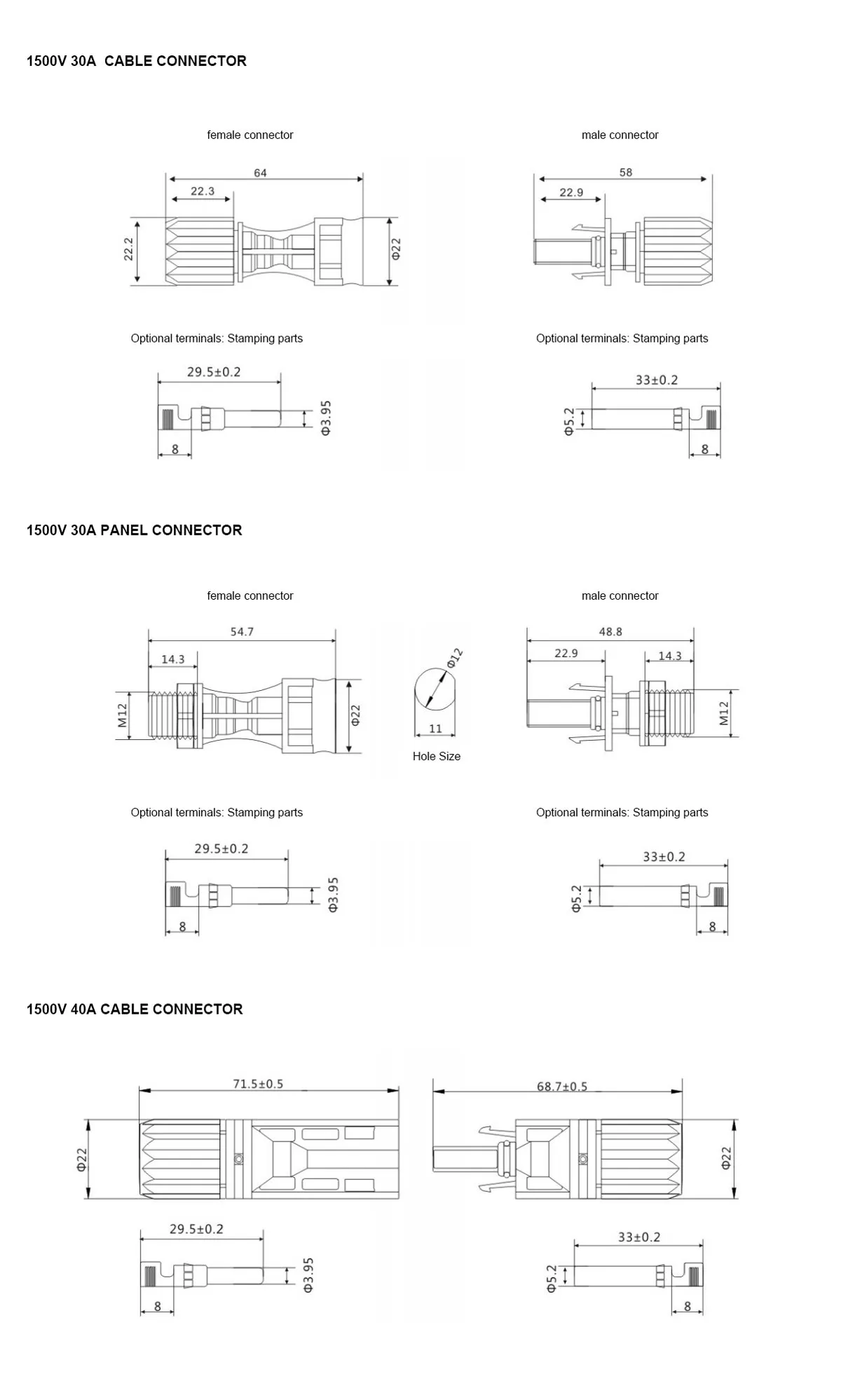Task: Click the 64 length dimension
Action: point(260,173)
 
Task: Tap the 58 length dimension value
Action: point(625,172)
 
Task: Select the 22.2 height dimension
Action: point(128,249)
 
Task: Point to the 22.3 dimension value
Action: point(203,191)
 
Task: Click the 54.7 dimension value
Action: point(242,632)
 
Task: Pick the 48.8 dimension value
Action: point(610,632)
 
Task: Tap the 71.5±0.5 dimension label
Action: point(258,1084)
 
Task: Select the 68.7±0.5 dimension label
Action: point(562,1087)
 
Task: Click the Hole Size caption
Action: point(436,757)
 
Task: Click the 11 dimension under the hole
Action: point(435,729)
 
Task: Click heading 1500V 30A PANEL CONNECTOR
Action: point(135,530)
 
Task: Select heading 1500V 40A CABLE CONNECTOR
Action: point(135,1010)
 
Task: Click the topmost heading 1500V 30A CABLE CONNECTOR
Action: point(137,61)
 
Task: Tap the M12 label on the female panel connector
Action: point(123,715)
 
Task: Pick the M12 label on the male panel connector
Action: point(724,713)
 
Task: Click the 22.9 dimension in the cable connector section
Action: point(571,193)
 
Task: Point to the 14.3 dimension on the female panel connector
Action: point(172,659)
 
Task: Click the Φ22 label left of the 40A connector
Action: point(82,1159)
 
